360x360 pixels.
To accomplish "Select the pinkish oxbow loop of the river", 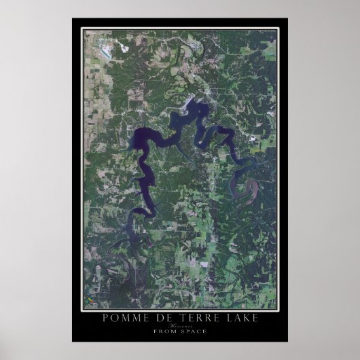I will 244,186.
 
